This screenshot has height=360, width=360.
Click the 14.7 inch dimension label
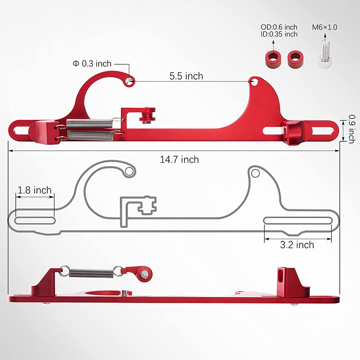point(179,159)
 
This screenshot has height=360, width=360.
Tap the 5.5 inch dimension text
point(186,76)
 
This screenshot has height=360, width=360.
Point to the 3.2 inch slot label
point(297,245)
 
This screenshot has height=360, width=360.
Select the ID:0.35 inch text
point(279,34)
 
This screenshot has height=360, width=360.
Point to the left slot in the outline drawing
point(35,220)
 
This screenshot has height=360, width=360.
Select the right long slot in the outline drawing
point(297,220)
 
